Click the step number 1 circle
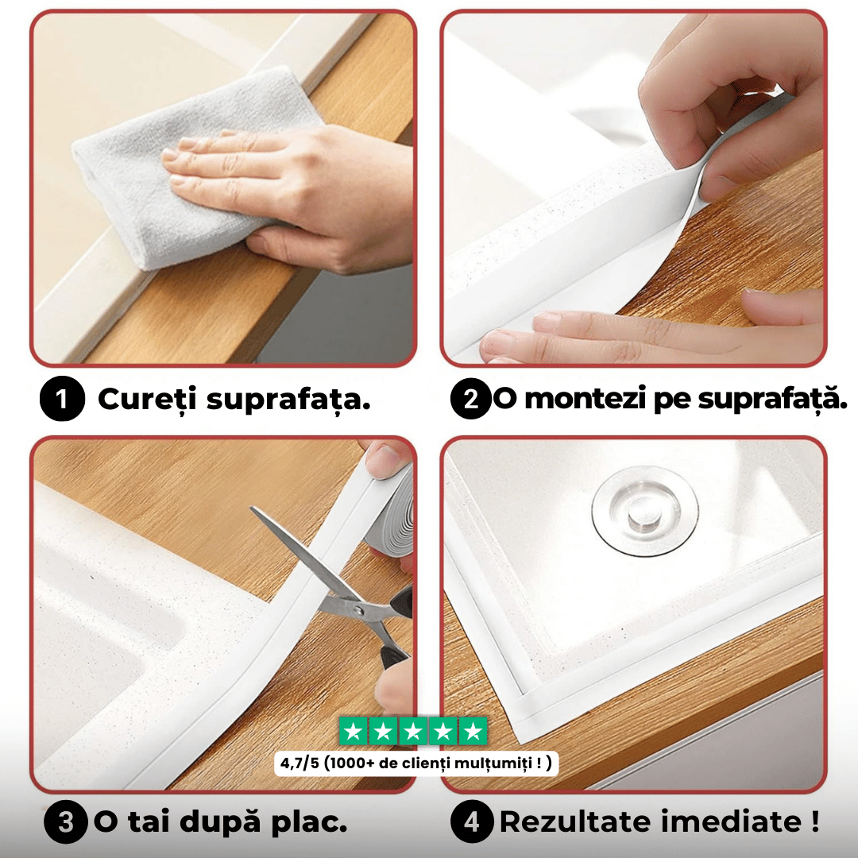[x=62, y=400]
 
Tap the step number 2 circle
[x=471, y=400]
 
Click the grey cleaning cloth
[x=159, y=183]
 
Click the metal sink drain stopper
[x=645, y=510]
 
